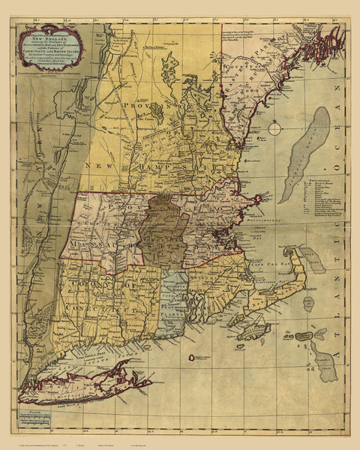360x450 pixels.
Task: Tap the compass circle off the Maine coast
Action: (x=276, y=128)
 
